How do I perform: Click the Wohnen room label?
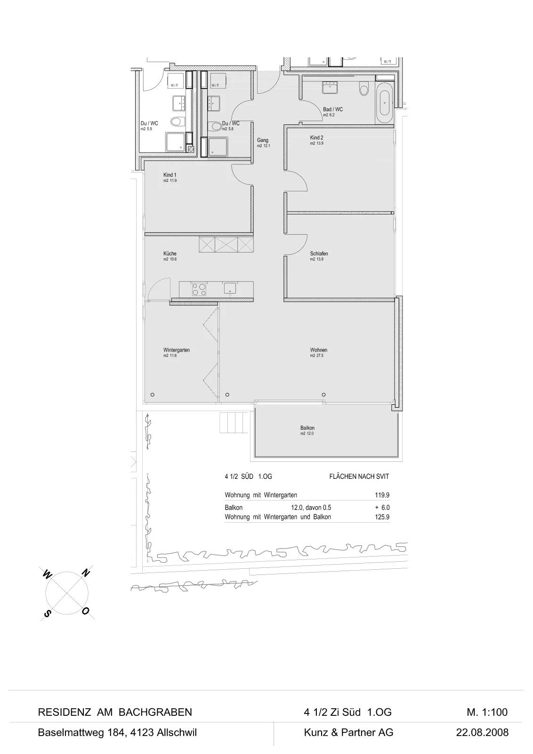click(x=318, y=350)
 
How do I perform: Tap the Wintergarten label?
click(x=177, y=350)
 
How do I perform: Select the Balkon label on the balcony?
click(x=307, y=428)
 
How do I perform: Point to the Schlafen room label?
click(x=319, y=254)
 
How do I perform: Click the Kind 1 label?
click(x=170, y=175)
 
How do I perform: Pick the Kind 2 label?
click(x=317, y=138)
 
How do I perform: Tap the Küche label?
click(x=170, y=254)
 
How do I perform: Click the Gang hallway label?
click(x=263, y=140)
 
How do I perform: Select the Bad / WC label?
click(x=333, y=109)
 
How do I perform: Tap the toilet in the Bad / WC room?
click(x=363, y=89)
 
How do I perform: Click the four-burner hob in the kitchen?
click(x=199, y=289)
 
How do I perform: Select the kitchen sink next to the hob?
click(x=230, y=289)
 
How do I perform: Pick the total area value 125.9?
click(x=382, y=516)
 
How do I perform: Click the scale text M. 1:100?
click(x=487, y=712)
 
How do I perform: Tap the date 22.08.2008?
click(x=482, y=732)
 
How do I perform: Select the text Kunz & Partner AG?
click(x=349, y=732)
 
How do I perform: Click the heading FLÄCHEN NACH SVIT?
click(x=359, y=476)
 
